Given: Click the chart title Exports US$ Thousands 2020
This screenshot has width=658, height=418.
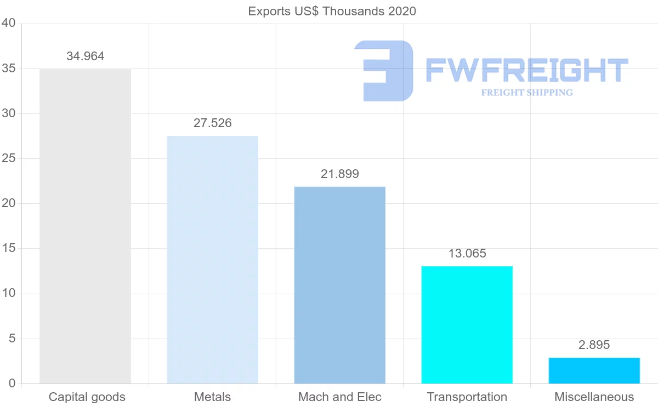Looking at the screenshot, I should click(332, 11).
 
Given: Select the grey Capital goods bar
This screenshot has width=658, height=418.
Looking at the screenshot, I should click(85, 226).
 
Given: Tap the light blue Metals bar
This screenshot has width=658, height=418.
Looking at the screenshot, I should click(212, 260).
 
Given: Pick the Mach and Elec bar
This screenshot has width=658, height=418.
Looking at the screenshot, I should click(339, 285).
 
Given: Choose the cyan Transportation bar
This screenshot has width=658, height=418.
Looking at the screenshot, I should click(467, 325).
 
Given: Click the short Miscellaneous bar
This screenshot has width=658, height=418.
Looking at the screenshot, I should click(594, 370).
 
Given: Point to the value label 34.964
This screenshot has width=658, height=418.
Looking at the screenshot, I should click(85, 56).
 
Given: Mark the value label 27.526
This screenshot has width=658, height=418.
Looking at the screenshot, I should click(212, 123).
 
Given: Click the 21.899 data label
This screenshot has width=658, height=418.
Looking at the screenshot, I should click(339, 174).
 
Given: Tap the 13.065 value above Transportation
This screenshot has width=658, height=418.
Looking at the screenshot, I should click(467, 254).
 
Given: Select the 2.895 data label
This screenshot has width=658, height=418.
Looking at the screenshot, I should click(594, 345).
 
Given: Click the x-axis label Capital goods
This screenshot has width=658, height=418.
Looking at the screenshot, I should click(87, 397).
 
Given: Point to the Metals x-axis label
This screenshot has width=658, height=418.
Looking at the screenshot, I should click(212, 397).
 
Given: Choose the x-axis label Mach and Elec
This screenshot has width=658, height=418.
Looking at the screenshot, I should click(339, 397).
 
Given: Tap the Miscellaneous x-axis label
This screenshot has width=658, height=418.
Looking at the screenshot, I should click(594, 397).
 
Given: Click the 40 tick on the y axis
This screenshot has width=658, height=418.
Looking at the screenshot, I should click(8, 24).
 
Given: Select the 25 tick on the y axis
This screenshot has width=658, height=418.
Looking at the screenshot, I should click(8, 159).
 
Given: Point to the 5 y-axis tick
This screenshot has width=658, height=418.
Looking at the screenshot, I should click(12, 339).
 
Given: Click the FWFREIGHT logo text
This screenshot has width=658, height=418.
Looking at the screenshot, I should click(526, 70).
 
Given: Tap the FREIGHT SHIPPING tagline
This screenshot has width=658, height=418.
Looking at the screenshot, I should click(527, 93).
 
